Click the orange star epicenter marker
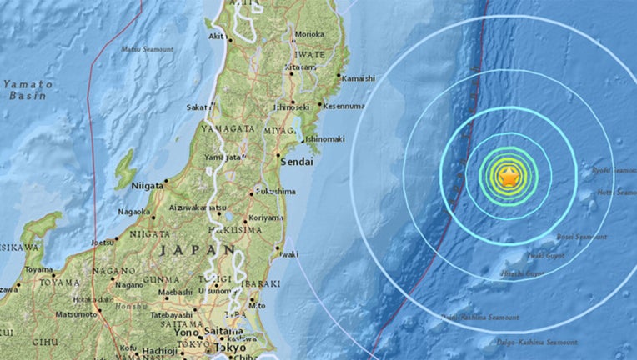[508, 176]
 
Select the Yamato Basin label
[27, 90]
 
